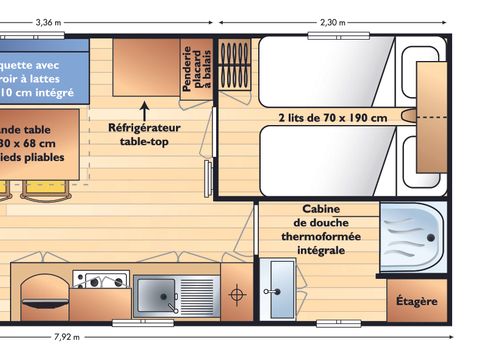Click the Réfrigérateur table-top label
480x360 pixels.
coord(147,134)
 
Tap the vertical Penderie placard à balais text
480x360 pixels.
coord(196,70)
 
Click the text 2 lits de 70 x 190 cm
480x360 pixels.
coord(332,117)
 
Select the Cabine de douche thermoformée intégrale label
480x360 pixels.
coord(317,230)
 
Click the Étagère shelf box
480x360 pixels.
coord(416,299)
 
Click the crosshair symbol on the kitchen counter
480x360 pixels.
coord(237,294)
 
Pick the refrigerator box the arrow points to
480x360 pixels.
coord(146,67)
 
